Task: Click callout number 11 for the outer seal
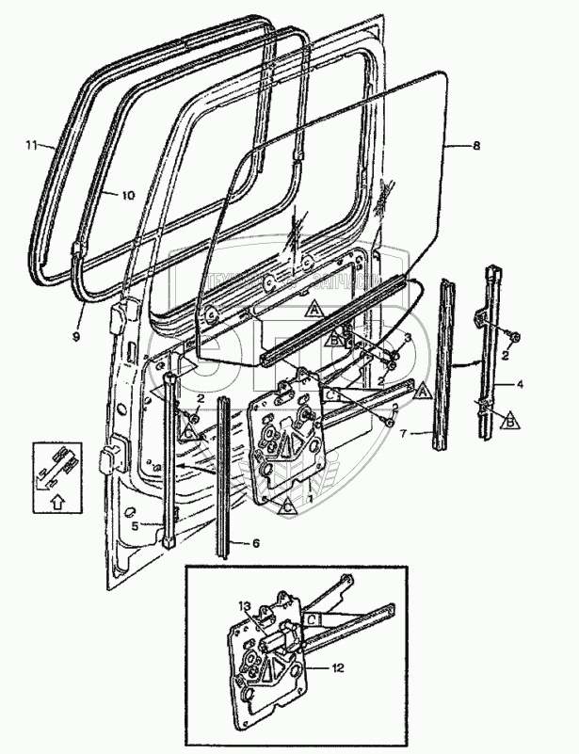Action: [30, 146]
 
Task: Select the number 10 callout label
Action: [128, 195]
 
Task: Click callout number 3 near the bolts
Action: [408, 336]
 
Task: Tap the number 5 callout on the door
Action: [135, 527]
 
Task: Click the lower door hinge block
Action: [111, 460]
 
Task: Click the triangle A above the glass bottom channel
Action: [314, 309]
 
